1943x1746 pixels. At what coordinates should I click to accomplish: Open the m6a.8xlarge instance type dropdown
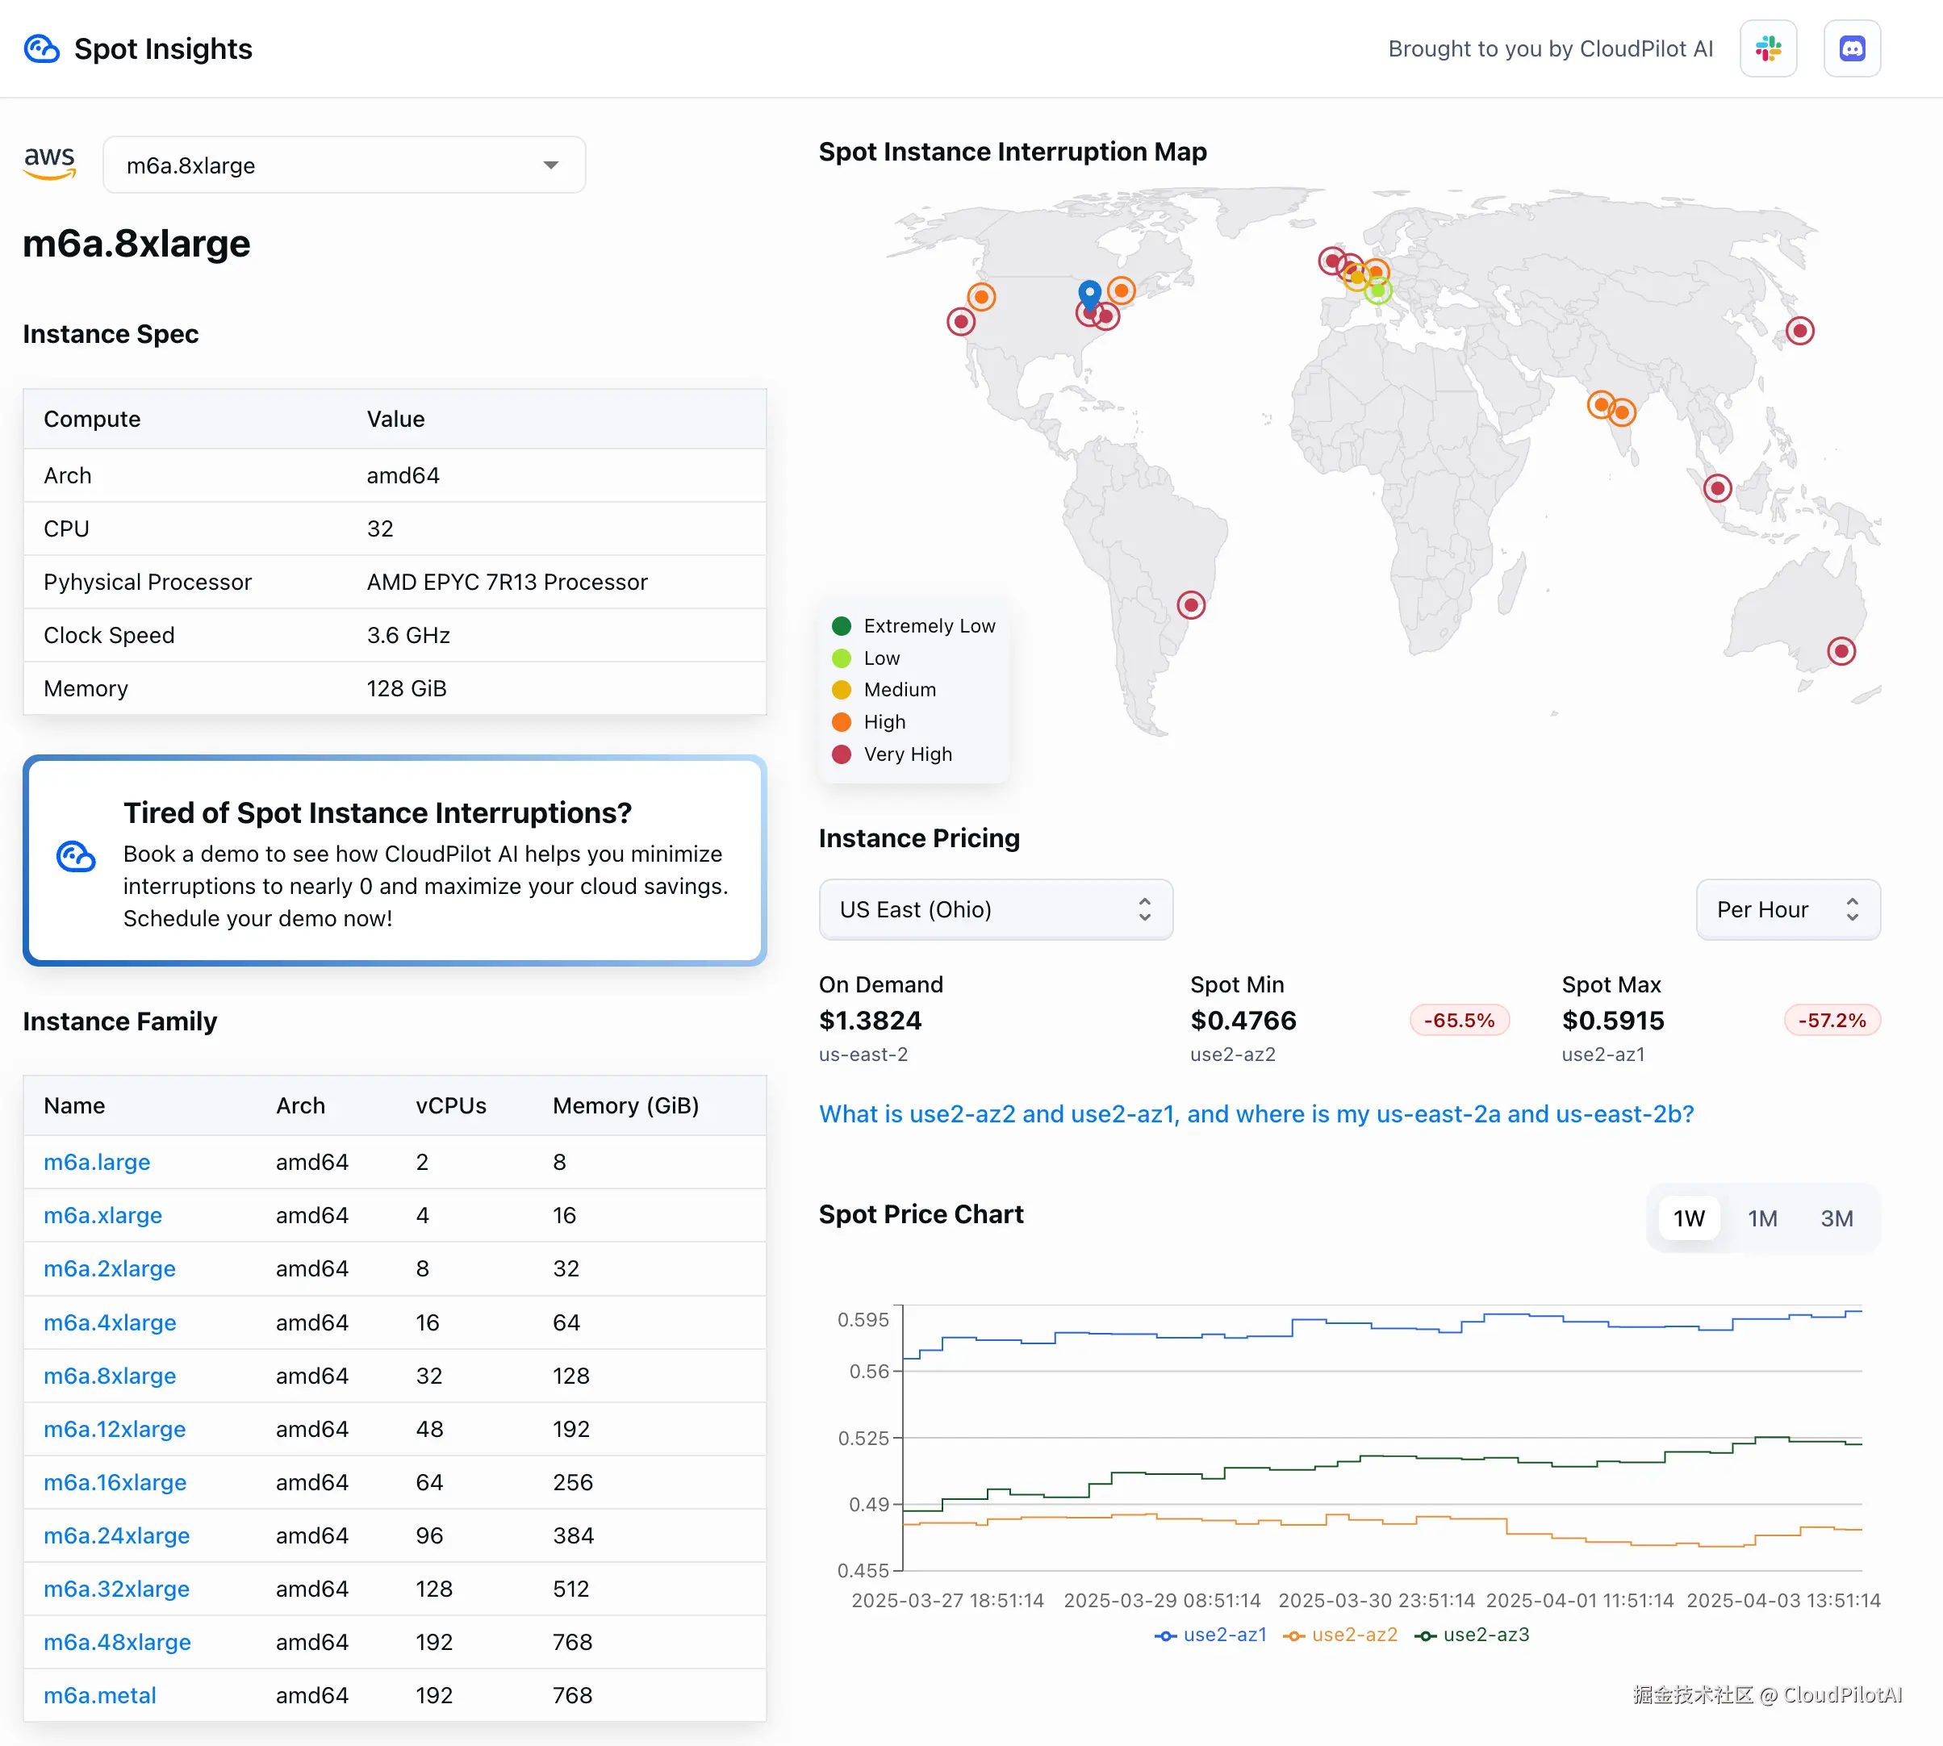[344, 165]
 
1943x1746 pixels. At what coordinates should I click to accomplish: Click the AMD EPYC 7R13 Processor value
[507, 583]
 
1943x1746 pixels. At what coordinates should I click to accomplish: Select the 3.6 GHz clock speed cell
[407, 635]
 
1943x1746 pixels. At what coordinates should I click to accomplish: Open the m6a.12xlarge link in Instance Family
[115, 1430]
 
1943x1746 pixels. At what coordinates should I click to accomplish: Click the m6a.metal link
[100, 1695]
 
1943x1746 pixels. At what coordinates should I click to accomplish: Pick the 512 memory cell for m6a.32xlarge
[571, 1589]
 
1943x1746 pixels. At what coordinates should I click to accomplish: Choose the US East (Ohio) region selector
[995, 909]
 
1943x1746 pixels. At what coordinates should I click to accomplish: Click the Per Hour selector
[1786, 909]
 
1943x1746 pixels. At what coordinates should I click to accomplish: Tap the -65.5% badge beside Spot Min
[1458, 1021]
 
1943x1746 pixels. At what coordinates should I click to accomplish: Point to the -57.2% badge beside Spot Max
[1831, 1021]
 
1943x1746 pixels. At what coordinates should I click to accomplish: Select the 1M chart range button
[1761, 1218]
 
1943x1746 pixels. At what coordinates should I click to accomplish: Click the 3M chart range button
[1836, 1218]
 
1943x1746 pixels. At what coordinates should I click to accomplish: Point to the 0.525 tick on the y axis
[863, 1438]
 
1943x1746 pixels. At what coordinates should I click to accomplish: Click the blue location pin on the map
[1089, 291]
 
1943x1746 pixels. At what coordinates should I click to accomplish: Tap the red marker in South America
[1191, 605]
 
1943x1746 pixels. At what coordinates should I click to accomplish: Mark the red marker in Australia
[1841, 651]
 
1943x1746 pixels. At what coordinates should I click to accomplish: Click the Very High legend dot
[842, 754]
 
